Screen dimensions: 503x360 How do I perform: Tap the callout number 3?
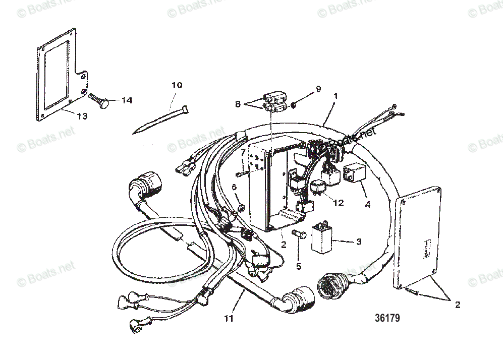[x=359, y=243]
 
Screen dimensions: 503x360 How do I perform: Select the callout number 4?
[x=367, y=205]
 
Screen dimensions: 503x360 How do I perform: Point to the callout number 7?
[x=243, y=152]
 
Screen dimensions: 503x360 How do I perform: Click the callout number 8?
[x=237, y=104]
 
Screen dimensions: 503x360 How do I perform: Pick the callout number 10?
[x=177, y=85]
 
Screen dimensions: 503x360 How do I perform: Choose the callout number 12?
[x=339, y=203]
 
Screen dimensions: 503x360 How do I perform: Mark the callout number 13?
[x=82, y=115]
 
